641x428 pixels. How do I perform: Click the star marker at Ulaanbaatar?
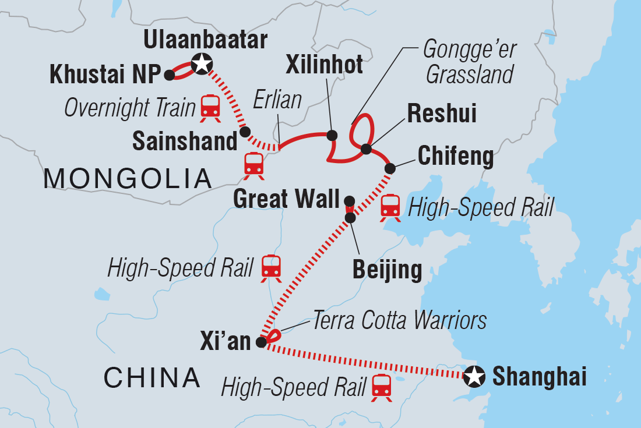200,63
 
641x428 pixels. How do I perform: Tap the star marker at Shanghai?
474,377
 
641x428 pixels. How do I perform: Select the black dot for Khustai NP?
169,75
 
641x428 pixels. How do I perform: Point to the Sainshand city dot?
245,131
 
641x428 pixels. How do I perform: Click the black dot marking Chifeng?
390,168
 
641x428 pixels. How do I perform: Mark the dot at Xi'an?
261,342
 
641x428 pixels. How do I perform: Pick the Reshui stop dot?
366,149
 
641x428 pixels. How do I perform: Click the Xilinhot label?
323,65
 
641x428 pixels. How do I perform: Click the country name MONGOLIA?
127,178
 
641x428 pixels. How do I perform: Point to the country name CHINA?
152,378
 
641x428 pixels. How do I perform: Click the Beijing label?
388,270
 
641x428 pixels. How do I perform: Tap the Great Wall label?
286,199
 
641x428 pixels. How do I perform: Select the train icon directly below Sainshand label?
254,165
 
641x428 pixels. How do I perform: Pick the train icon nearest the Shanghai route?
382,388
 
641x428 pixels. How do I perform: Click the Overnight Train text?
129,108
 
